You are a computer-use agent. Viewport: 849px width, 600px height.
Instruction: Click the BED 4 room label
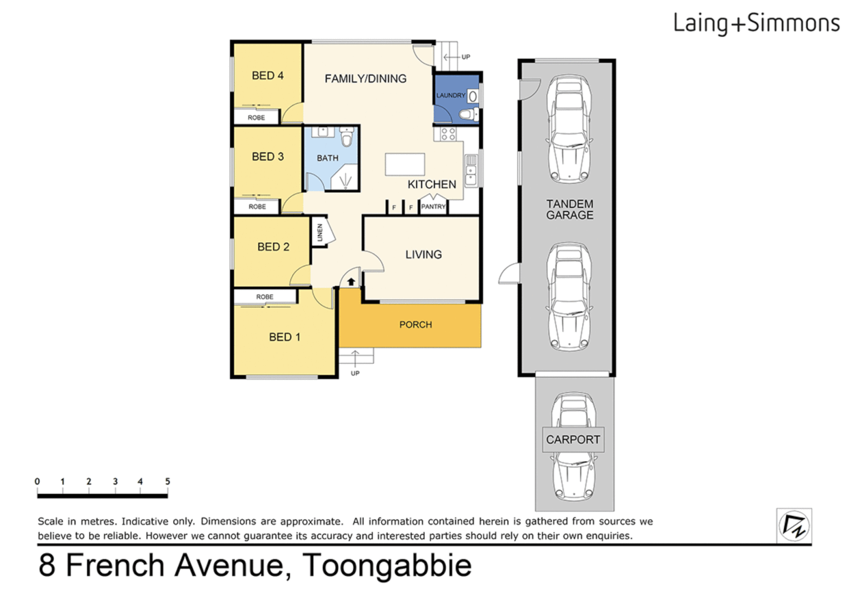click(267, 76)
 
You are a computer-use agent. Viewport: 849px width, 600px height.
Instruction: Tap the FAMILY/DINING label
click(365, 79)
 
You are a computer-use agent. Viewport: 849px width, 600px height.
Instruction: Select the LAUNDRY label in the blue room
click(450, 96)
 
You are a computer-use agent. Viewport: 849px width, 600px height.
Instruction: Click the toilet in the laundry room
click(468, 115)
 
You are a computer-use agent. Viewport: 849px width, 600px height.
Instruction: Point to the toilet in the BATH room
click(347, 137)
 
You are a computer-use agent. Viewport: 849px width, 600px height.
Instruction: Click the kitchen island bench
click(404, 165)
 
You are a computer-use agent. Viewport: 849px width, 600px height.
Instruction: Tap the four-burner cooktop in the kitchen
click(448, 133)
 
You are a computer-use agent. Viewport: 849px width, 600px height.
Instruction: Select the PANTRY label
click(433, 207)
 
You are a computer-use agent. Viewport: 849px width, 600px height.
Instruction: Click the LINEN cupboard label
click(320, 232)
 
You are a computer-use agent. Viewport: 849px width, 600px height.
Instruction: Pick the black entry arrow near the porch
click(351, 282)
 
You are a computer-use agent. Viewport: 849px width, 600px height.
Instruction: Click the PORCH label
click(415, 325)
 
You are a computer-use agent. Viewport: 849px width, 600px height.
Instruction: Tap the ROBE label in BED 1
click(264, 297)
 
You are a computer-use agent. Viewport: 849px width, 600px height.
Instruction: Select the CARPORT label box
click(573, 439)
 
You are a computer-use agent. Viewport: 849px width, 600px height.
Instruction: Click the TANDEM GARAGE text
click(570, 209)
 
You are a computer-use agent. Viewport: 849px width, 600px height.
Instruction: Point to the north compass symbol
click(793, 525)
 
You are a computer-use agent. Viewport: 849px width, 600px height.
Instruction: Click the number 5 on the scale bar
click(167, 481)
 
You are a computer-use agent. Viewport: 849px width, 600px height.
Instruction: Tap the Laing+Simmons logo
click(756, 23)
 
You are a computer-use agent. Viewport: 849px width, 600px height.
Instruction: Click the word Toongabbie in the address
click(387, 566)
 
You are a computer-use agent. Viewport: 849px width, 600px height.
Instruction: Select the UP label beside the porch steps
click(355, 373)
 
